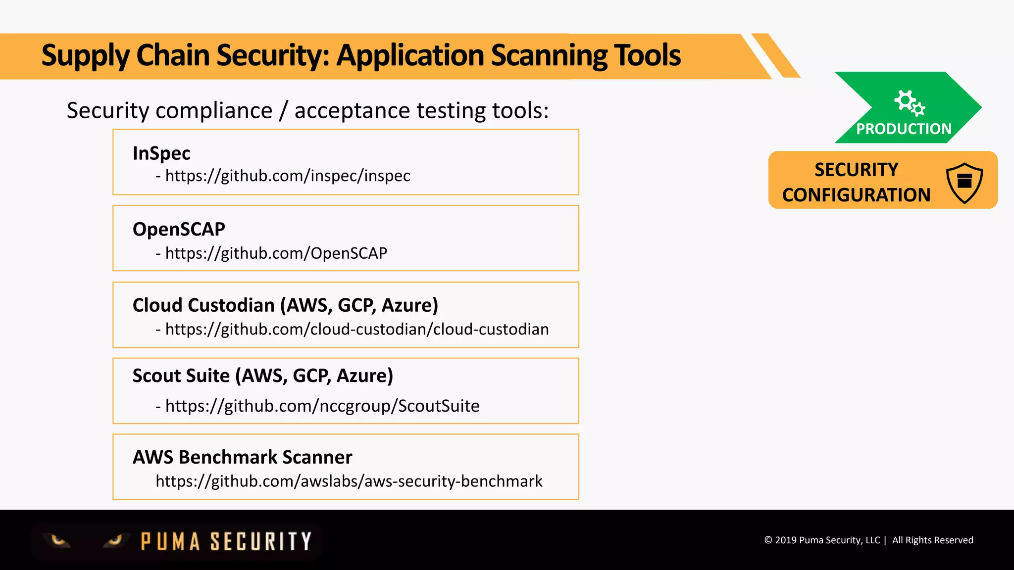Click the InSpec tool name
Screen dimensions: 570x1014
pyautogui.click(x=161, y=153)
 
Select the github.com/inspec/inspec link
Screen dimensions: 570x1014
pyautogui.click(x=287, y=176)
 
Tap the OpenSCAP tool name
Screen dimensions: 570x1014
pyautogui.click(x=179, y=229)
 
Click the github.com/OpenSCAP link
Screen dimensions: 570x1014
pyautogui.click(x=276, y=253)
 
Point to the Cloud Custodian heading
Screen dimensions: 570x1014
pyautogui.click(x=285, y=305)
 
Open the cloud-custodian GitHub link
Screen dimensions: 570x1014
pyautogui.click(x=356, y=330)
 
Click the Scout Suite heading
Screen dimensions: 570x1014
pyautogui.click(x=262, y=376)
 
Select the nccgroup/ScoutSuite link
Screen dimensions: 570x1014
pyautogui.click(x=322, y=406)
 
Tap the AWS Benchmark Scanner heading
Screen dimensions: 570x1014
pyautogui.click(x=242, y=457)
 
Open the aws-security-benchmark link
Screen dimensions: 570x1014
pyautogui.click(x=349, y=481)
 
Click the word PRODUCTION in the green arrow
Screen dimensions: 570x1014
pyautogui.click(x=904, y=129)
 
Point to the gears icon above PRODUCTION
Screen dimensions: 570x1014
pyautogui.click(x=909, y=102)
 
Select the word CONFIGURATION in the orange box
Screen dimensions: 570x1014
pyautogui.click(x=856, y=195)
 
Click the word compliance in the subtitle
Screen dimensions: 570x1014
pyautogui.click(x=214, y=110)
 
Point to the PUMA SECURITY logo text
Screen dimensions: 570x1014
pyautogui.click(x=226, y=541)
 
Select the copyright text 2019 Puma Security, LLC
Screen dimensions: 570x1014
pyautogui.click(x=827, y=540)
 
